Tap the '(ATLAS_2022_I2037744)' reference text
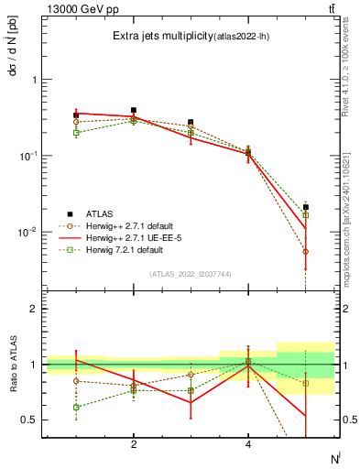pyautogui.click(x=191, y=274)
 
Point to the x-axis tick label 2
pyautogui.click(x=134, y=444)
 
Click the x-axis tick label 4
pyautogui.click(x=248, y=444)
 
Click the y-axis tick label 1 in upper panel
pyautogui.click(x=35, y=80)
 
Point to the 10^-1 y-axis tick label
pyautogui.click(x=30, y=156)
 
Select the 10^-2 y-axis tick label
pyautogui.click(x=30, y=232)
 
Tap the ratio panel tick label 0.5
pyautogui.click(x=30, y=420)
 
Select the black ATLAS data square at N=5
pyautogui.click(x=306, y=207)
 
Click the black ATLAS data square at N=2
pyautogui.click(x=134, y=110)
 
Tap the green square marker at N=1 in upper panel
pyautogui.click(x=76, y=132)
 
